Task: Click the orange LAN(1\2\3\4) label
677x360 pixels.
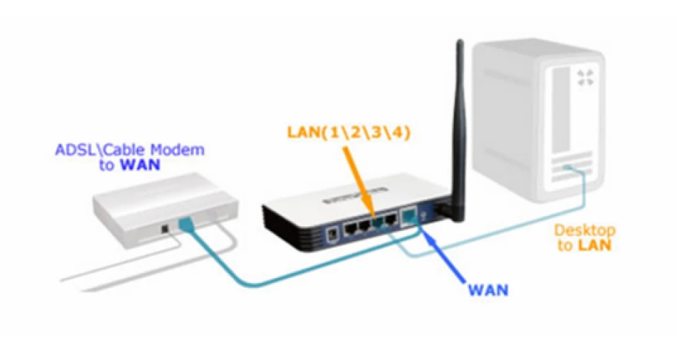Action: (x=349, y=132)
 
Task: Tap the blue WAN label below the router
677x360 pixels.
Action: (x=488, y=289)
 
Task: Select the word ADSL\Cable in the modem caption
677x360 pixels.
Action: (x=101, y=150)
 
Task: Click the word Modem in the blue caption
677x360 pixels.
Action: (x=177, y=150)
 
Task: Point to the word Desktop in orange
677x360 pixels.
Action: (x=585, y=230)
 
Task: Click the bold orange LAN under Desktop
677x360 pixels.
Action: (x=595, y=246)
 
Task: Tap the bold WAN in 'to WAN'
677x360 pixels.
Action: (x=140, y=165)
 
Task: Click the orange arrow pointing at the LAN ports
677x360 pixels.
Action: (x=359, y=179)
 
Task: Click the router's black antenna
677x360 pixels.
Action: (x=459, y=130)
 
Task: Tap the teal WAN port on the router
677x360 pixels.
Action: (x=408, y=217)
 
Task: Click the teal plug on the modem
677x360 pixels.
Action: (x=185, y=224)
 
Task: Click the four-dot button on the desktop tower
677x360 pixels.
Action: (x=585, y=78)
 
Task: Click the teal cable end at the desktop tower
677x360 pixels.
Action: (x=569, y=168)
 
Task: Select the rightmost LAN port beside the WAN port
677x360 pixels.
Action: (x=391, y=220)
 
